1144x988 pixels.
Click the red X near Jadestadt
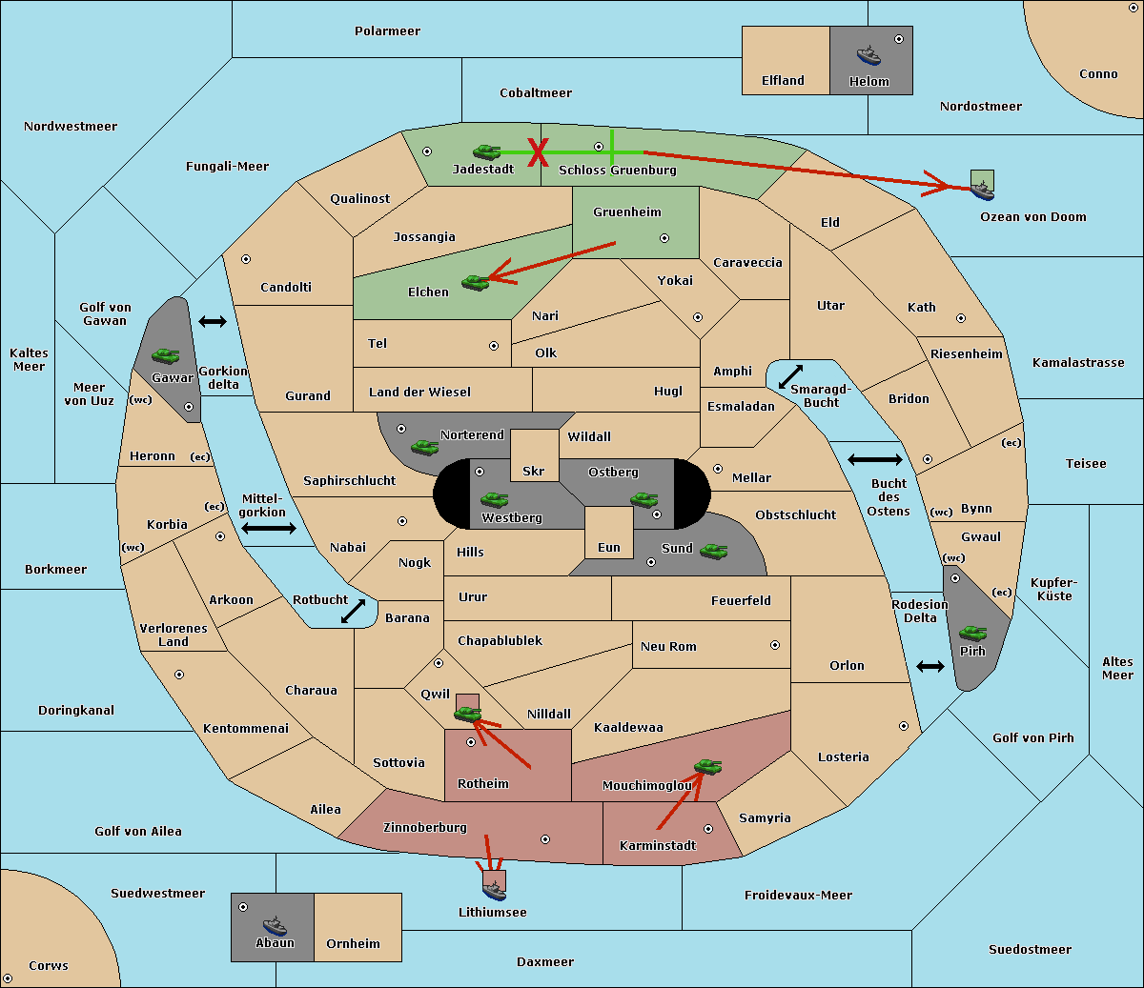538,152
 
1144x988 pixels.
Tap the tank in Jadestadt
487,151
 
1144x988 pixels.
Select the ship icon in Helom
868,55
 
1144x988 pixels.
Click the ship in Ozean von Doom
982,191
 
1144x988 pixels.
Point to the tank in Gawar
166,355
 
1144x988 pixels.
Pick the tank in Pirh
973,633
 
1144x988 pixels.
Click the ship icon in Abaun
275,926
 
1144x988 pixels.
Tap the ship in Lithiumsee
494,890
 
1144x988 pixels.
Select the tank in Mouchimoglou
708,766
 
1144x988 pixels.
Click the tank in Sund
713,551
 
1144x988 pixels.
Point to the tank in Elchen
476,283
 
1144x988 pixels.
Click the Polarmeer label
387,31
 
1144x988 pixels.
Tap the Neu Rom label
668,646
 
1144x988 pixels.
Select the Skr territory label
534,471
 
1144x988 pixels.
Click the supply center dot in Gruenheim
664,238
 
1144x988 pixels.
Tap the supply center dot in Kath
961,318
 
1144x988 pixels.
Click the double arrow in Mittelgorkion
269,528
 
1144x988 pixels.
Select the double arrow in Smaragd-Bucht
790,376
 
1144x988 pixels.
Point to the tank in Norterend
424,447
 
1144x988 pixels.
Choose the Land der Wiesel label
419,393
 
